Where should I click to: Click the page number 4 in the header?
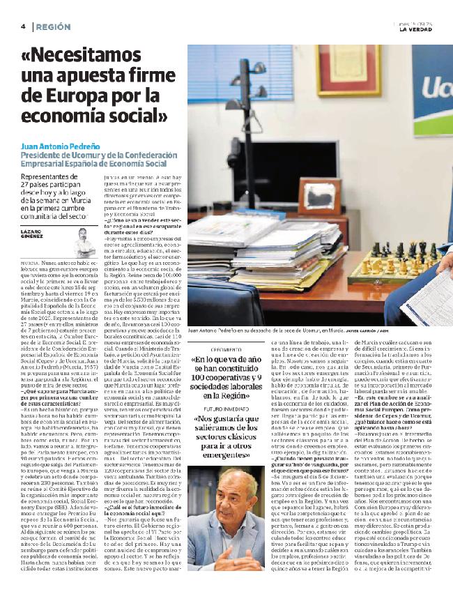[23, 26]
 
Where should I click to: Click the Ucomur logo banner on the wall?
[432, 91]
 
